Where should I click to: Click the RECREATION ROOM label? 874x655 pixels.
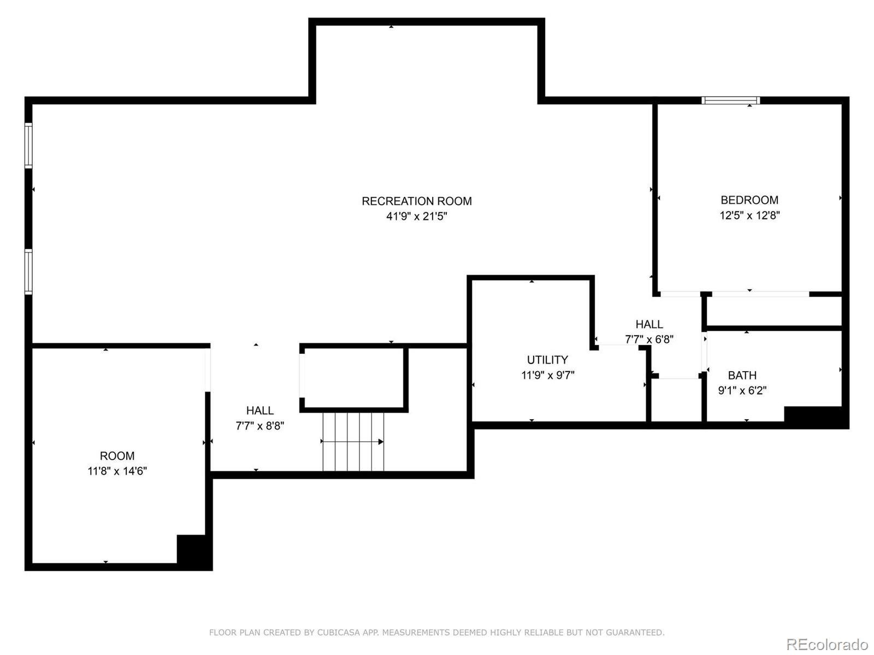point(416,201)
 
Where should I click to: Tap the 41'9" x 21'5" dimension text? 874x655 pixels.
point(416,216)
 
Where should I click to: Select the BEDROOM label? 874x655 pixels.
point(749,200)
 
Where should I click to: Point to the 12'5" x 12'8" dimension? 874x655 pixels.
point(749,215)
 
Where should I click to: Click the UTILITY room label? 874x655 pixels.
point(547,360)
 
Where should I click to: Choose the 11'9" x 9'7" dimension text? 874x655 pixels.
point(547,375)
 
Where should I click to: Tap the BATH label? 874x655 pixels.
point(742,375)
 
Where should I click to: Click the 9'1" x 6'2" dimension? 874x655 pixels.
point(742,390)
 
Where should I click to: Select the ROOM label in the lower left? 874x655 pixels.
point(117,456)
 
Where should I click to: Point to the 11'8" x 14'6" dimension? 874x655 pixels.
point(117,471)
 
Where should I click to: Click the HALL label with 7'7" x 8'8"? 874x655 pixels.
point(259,410)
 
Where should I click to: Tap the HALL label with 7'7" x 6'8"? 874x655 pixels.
point(649,324)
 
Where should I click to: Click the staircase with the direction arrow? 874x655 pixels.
point(353,441)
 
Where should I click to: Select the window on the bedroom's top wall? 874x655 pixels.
point(730,100)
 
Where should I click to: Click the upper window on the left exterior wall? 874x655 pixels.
point(28,145)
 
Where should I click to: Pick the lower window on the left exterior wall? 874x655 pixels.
point(28,272)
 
